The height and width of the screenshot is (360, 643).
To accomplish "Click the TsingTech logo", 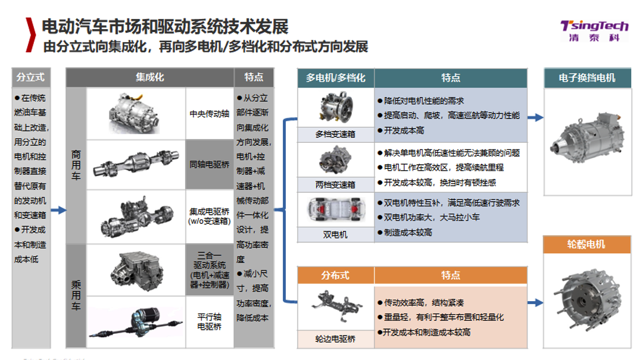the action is click(594, 31).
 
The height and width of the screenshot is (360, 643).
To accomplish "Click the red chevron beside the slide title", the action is click(30, 35).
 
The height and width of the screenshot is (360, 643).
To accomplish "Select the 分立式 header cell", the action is click(31, 77).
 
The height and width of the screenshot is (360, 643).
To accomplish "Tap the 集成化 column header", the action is click(149, 77).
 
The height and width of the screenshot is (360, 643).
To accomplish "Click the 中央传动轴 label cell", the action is click(209, 114).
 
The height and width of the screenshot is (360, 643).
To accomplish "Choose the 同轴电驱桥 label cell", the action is click(209, 164).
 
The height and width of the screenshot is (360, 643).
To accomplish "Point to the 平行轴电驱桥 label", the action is click(209, 322).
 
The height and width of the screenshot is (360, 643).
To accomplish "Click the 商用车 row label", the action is click(76, 165).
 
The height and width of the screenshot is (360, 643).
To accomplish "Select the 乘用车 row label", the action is click(76, 296).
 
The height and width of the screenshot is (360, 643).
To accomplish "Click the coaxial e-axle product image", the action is click(136, 164).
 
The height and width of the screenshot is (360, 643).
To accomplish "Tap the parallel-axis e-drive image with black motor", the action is click(136, 323).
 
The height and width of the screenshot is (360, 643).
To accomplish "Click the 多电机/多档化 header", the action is click(335, 78).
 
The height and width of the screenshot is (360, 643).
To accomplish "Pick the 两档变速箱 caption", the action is click(335, 185).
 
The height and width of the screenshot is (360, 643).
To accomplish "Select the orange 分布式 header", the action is click(335, 275).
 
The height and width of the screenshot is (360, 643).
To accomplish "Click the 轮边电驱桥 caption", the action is click(335, 339).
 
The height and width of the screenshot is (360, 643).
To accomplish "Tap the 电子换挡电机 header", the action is click(587, 78).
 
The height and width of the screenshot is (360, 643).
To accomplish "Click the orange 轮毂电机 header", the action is click(587, 245).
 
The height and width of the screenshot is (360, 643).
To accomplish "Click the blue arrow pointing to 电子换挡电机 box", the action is click(536, 118).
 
